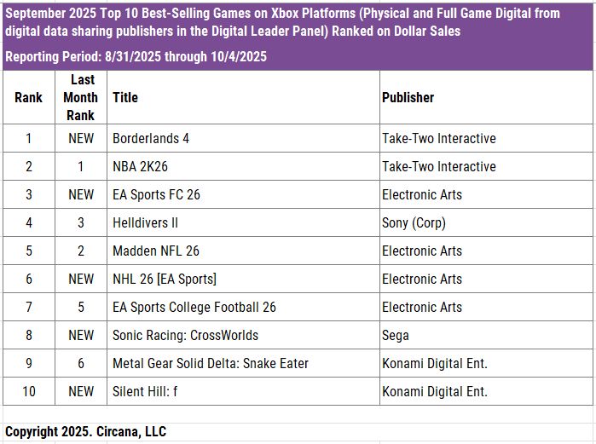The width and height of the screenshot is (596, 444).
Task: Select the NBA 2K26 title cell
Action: click(x=141, y=166)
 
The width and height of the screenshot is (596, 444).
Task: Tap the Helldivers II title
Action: click(x=145, y=222)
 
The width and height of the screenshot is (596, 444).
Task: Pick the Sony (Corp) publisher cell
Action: click(x=414, y=222)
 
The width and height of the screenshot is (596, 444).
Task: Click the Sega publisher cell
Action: click(x=396, y=335)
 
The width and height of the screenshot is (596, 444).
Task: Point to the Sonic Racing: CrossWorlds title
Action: click(x=185, y=335)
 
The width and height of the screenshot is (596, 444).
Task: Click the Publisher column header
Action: click(x=408, y=97)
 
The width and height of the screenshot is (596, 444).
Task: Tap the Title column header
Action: click(x=125, y=97)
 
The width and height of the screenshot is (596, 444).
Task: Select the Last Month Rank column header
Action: click(x=80, y=97)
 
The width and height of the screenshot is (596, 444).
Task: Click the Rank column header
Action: click(x=29, y=97)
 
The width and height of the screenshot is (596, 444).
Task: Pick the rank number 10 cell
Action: click(x=29, y=391)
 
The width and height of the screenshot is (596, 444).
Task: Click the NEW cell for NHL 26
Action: click(x=81, y=279)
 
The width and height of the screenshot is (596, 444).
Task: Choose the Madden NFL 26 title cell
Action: click(x=156, y=251)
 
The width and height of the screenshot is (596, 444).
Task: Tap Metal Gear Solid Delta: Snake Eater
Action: click(x=211, y=363)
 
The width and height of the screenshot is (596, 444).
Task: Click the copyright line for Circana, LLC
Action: click(x=85, y=431)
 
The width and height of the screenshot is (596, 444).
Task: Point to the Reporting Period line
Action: click(x=136, y=57)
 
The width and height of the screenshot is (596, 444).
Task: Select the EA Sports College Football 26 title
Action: click(x=194, y=307)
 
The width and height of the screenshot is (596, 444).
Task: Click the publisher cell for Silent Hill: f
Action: click(x=435, y=391)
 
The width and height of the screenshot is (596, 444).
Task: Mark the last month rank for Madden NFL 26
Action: click(x=81, y=251)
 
